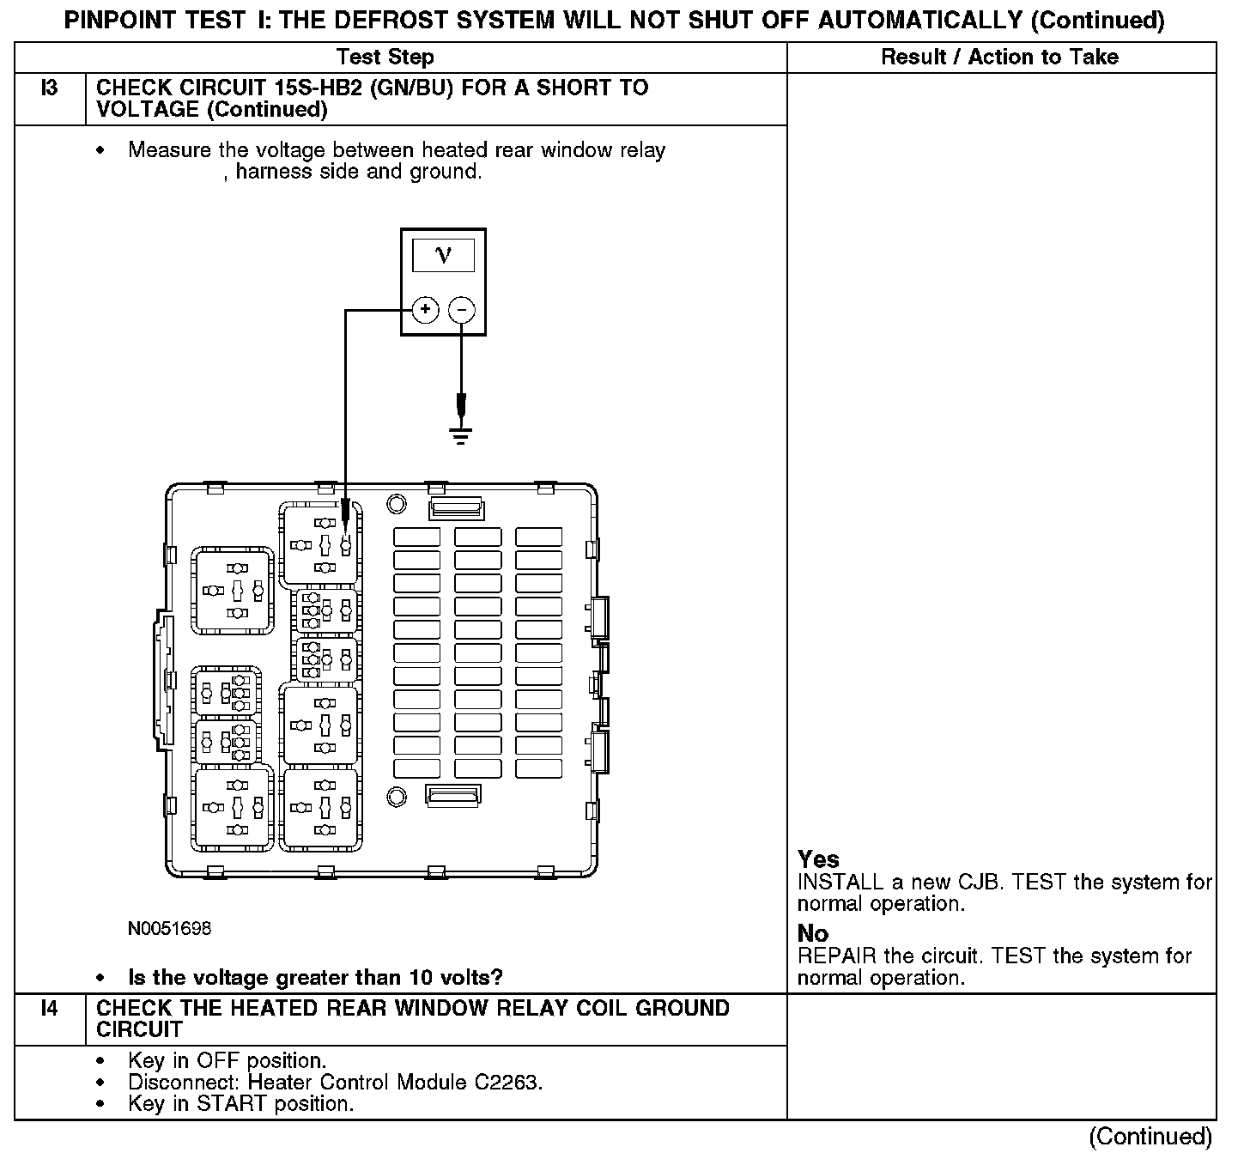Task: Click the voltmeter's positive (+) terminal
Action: [x=425, y=309]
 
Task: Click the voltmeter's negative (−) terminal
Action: [x=462, y=309]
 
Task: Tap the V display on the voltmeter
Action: [x=443, y=255]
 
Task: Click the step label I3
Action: [x=50, y=88]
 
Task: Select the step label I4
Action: [x=50, y=1008]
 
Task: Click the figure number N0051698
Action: [x=169, y=929]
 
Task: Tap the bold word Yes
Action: [x=818, y=859]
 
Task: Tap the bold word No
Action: [x=812, y=933]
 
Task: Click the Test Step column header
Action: [x=385, y=58]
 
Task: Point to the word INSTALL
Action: [x=840, y=883]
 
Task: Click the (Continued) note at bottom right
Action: [x=1150, y=1137]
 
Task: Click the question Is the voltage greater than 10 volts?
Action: [x=315, y=977]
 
